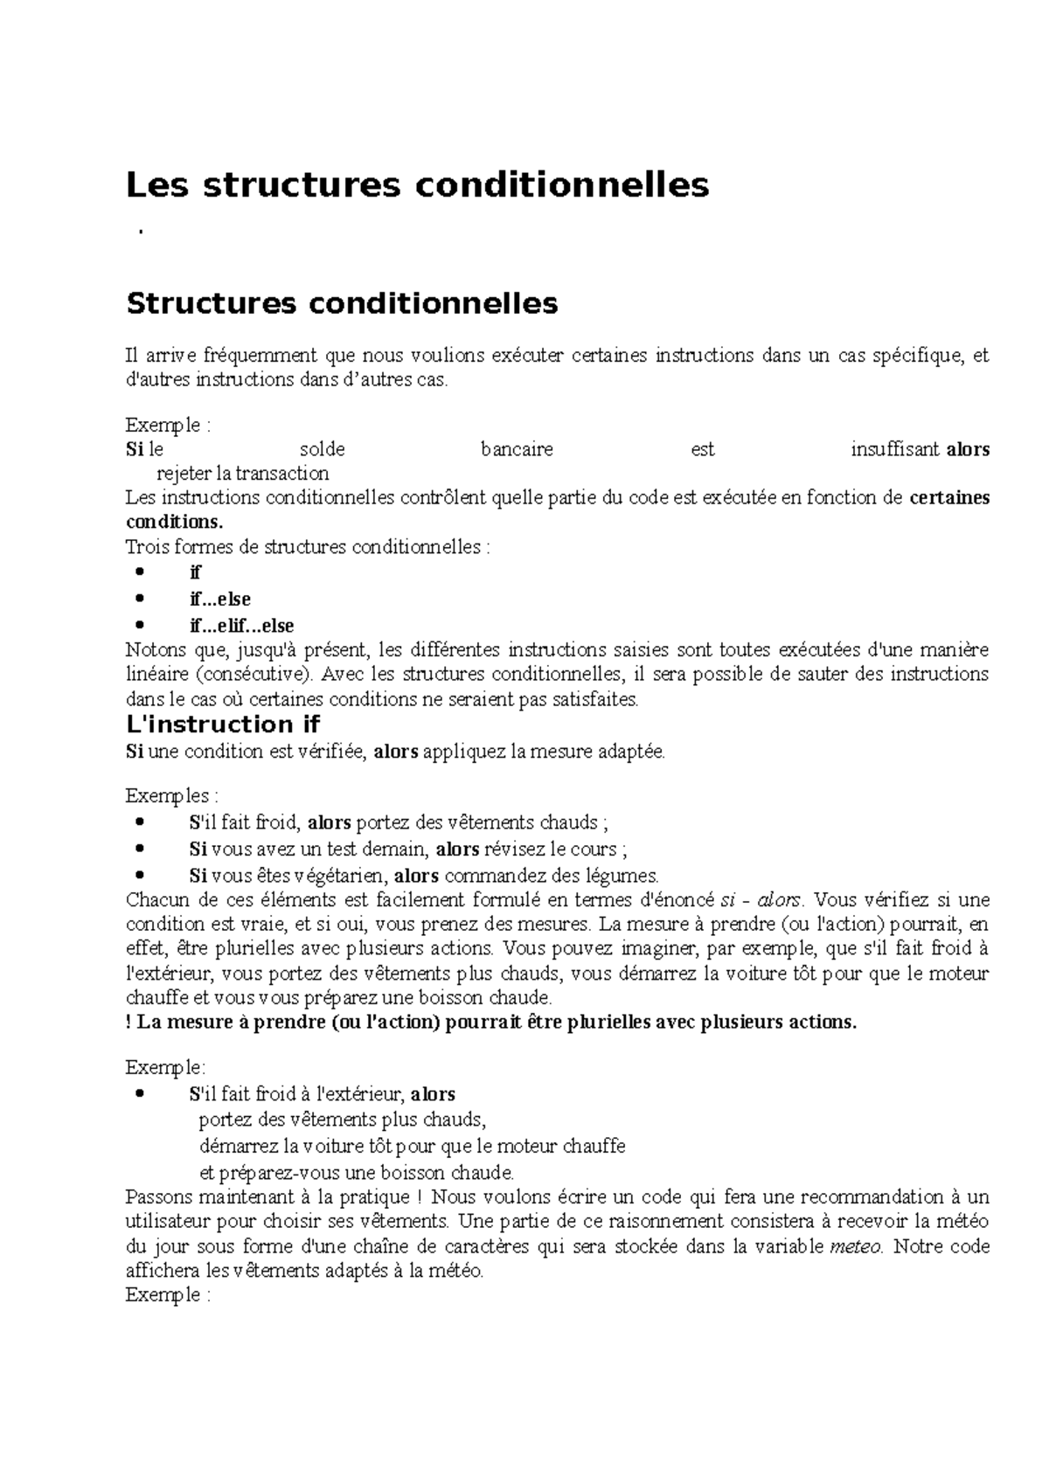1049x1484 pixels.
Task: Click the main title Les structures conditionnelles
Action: click(417, 184)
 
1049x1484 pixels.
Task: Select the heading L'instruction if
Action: click(223, 724)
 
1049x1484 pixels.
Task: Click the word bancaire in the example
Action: click(517, 449)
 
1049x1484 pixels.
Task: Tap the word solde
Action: click(323, 449)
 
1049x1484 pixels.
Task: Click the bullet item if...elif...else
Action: click(241, 626)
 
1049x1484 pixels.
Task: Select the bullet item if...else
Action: click(220, 600)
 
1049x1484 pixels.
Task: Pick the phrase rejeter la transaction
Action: click(242, 474)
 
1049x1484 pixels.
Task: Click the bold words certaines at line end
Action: click(949, 498)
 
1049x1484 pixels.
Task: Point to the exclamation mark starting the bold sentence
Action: click(129, 1023)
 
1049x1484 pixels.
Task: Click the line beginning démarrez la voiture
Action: click(412, 1146)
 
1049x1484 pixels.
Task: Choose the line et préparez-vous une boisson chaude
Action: click(357, 1172)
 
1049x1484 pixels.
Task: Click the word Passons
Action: click(158, 1196)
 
